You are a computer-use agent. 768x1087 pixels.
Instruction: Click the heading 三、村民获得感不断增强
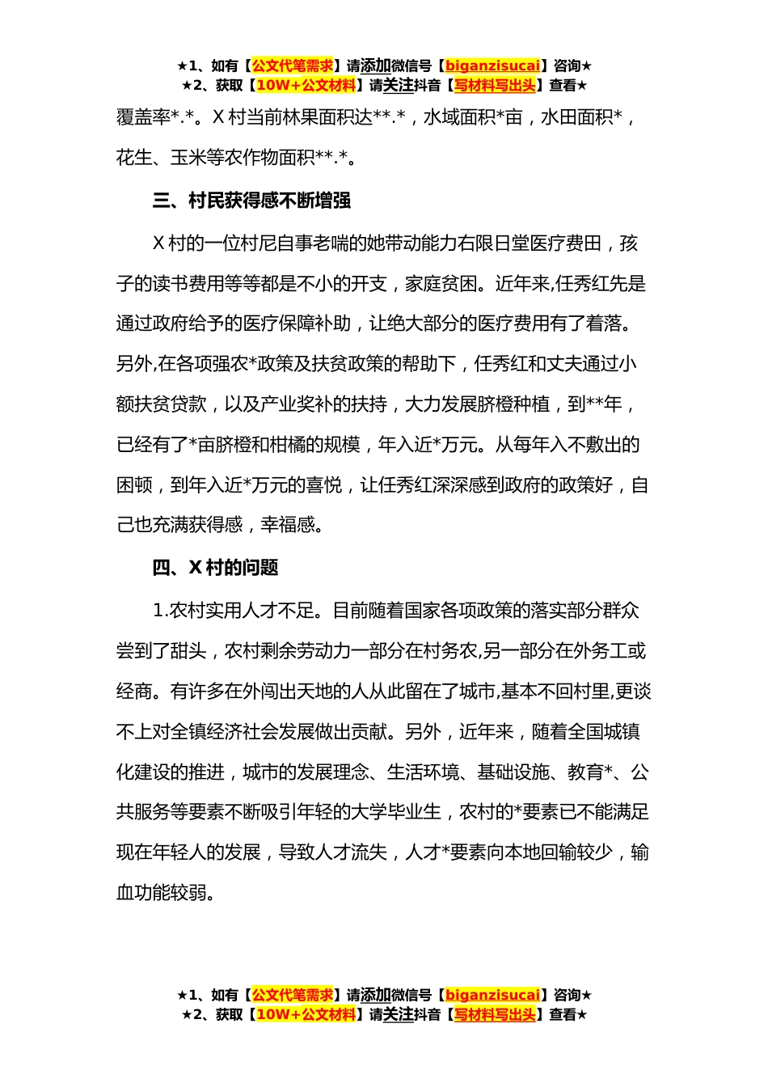[251, 201]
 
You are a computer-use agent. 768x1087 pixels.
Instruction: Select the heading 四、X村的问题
[215, 568]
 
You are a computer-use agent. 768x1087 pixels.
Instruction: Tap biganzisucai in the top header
[492, 66]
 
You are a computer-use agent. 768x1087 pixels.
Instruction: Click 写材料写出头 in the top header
[495, 86]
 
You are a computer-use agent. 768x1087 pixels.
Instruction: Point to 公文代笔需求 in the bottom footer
[292, 996]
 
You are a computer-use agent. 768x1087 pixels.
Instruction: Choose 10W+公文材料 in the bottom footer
[306, 1015]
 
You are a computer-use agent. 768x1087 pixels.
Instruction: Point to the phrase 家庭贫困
[441, 284]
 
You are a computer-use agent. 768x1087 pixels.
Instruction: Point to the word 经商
[134, 692]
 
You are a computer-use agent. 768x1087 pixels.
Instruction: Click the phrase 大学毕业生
[396, 812]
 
